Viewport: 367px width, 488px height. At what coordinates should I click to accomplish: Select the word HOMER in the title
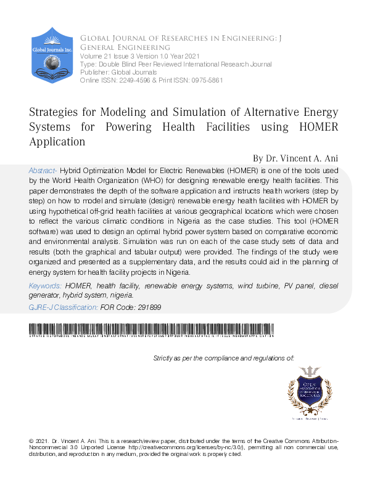(313, 127)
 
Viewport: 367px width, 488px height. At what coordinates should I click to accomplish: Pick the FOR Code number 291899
(149, 307)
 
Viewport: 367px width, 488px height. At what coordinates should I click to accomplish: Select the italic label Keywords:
(45, 287)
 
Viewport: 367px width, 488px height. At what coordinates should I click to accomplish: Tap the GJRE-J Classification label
(63, 307)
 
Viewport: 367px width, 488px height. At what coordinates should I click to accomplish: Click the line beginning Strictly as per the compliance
(223, 358)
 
